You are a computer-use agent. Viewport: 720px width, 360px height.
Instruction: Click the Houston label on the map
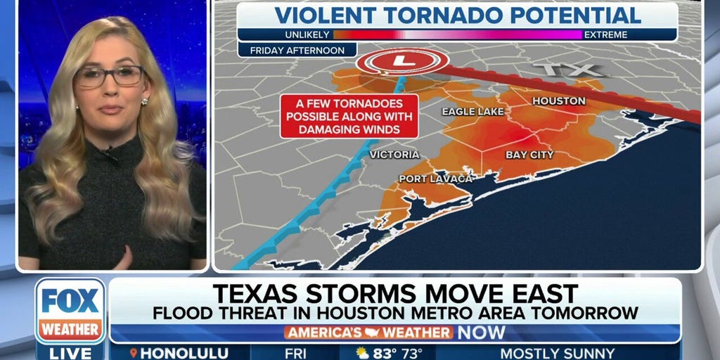(x=558, y=101)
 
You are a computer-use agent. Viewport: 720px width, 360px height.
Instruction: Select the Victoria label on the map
(x=394, y=155)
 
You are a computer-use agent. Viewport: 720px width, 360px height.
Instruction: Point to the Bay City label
(x=529, y=155)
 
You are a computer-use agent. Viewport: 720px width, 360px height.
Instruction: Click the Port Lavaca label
(x=435, y=179)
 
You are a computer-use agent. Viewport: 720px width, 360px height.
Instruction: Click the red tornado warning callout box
(x=349, y=116)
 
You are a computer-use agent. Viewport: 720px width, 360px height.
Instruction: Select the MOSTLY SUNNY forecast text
(x=557, y=353)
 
